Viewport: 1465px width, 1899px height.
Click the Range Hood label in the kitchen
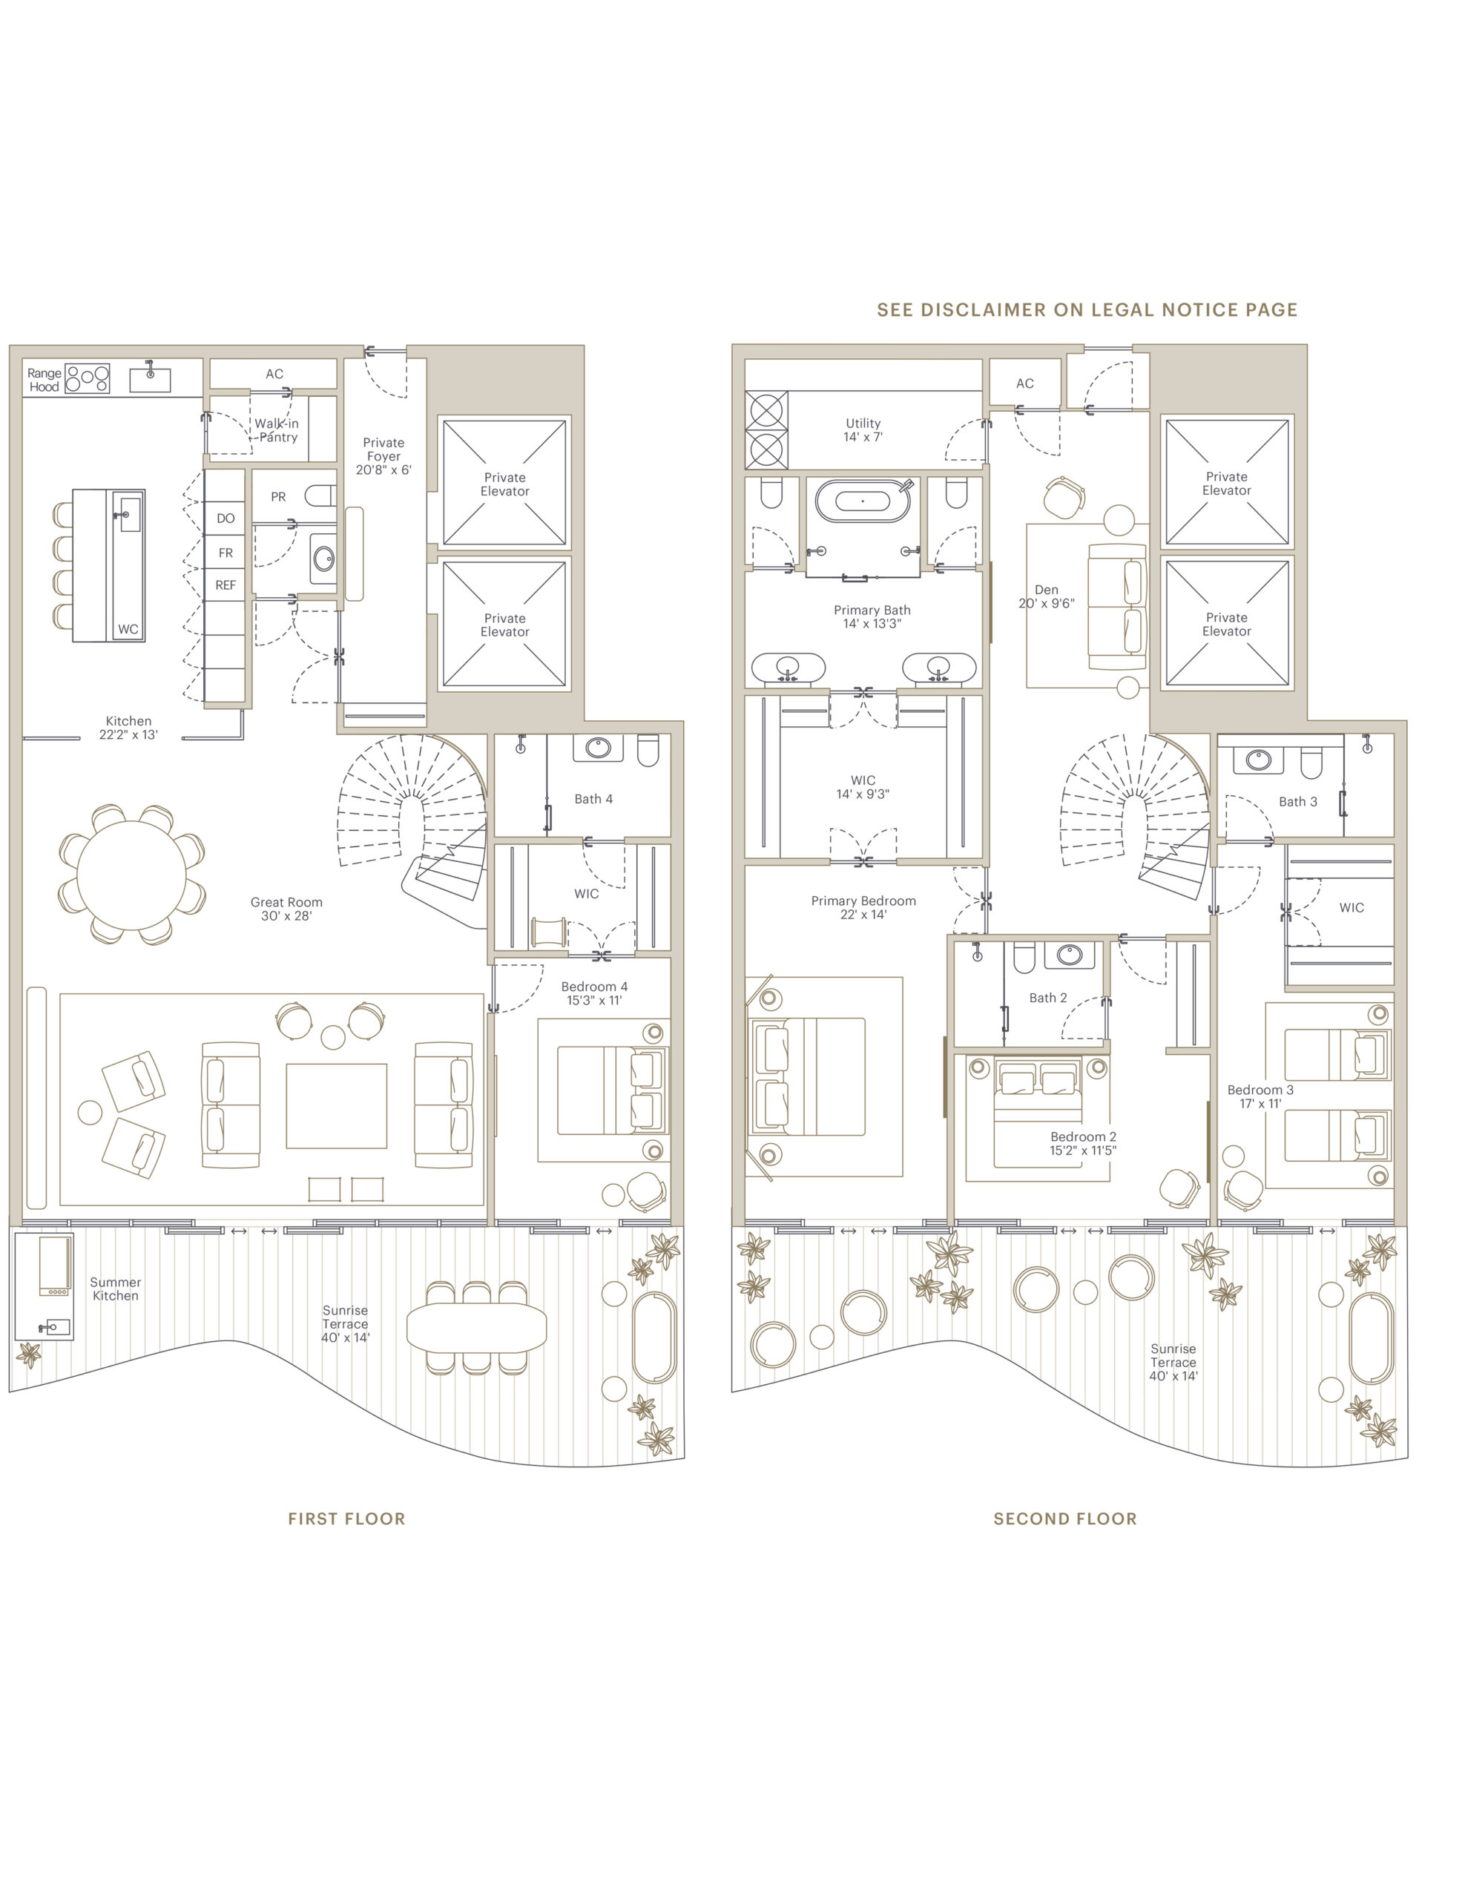click(x=45, y=380)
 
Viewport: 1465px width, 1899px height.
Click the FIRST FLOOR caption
click(x=346, y=1519)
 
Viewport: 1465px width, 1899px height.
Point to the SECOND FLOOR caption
click(x=1065, y=1519)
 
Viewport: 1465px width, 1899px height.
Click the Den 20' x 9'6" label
click(x=1046, y=596)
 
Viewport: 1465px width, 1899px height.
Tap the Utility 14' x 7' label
click(x=863, y=430)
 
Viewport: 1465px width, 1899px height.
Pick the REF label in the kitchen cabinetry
click(x=225, y=585)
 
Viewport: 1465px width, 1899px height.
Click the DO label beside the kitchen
click(x=225, y=519)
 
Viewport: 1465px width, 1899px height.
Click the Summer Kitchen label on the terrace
click(x=116, y=1289)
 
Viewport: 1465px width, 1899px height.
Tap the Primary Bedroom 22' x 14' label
click(x=863, y=907)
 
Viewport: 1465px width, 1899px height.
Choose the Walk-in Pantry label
click(x=277, y=430)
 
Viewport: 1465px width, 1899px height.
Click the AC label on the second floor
click(x=1025, y=384)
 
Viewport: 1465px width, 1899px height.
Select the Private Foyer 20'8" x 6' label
click(x=383, y=455)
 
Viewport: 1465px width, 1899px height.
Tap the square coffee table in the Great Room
click(x=337, y=1106)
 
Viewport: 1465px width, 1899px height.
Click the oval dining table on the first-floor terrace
click(x=476, y=1327)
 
